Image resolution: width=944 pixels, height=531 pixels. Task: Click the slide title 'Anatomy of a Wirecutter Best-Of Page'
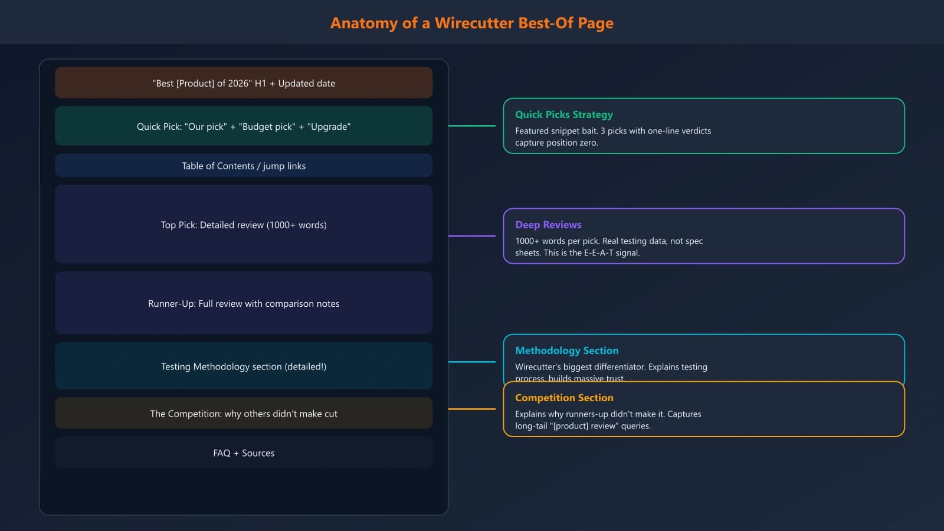click(x=471, y=23)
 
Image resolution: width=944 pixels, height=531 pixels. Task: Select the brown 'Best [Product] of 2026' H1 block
click(x=244, y=83)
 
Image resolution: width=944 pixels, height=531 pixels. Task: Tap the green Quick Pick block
click(x=244, y=126)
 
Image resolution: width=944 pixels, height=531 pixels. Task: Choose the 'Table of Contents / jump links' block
click(x=244, y=166)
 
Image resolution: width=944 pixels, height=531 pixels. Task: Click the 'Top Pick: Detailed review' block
click(x=244, y=225)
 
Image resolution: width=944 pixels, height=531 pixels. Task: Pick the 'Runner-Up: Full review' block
click(x=244, y=303)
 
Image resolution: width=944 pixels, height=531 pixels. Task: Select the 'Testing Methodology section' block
click(x=244, y=366)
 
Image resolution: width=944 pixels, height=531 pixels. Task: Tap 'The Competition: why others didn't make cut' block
click(x=244, y=414)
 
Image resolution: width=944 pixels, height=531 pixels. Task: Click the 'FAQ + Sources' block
click(x=244, y=453)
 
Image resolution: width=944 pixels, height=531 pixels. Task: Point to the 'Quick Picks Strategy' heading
click(x=563, y=114)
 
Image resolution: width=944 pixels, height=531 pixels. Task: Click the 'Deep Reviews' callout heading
click(x=548, y=225)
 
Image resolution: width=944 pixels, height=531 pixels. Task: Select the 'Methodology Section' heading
click(x=566, y=350)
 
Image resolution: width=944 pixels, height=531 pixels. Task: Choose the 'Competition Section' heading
click(x=564, y=398)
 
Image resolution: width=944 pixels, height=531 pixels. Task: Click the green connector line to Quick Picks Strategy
click(x=472, y=126)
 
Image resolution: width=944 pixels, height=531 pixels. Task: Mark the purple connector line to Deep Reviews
click(x=472, y=236)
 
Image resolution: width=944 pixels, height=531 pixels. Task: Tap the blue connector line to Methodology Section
click(x=472, y=362)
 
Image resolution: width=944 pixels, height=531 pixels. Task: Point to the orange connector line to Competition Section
click(x=472, y=409)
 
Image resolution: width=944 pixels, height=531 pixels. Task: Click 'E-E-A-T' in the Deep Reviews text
click(x=598, y=253)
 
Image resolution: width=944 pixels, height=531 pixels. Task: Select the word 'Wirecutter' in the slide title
click(x=474, y=23)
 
